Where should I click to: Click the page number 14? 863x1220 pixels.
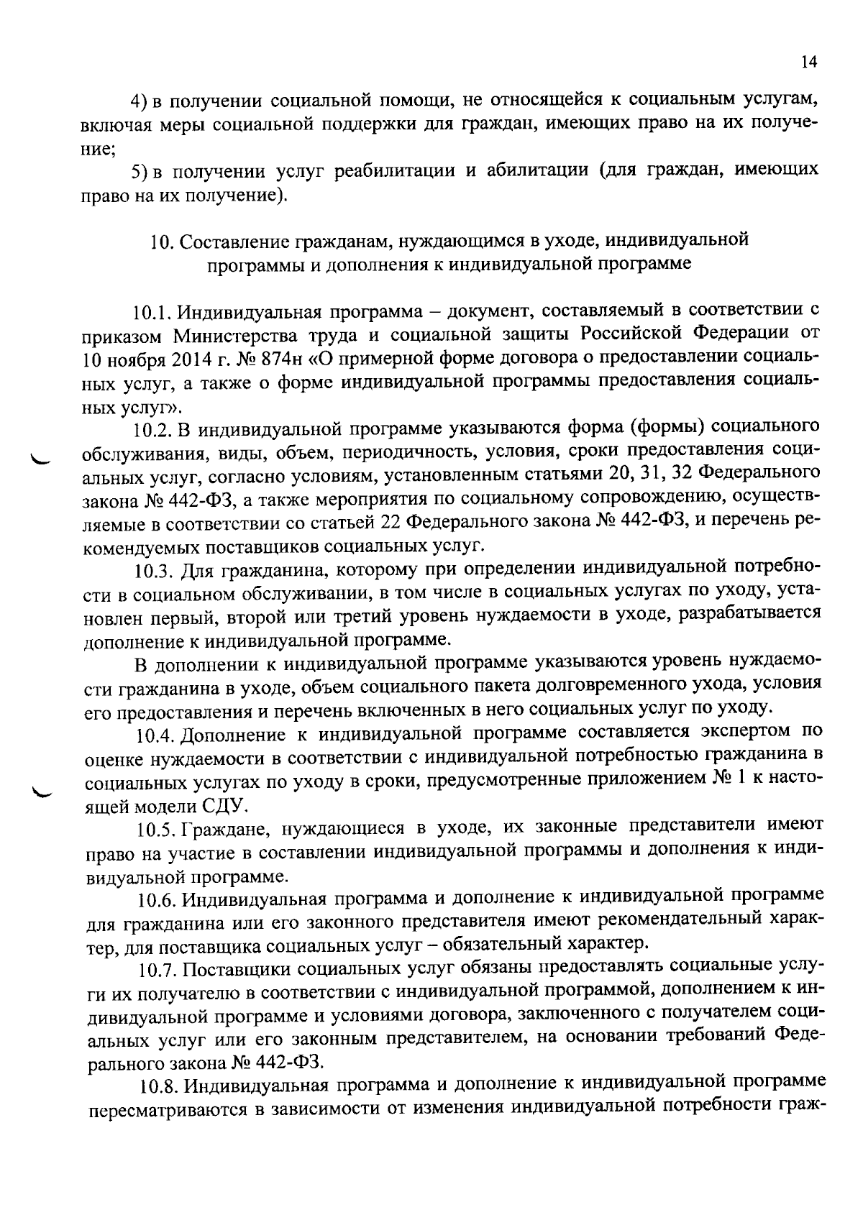[809, 63]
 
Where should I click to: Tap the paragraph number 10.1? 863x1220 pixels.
[151, 313]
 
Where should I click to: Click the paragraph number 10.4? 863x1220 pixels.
[155, 735]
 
